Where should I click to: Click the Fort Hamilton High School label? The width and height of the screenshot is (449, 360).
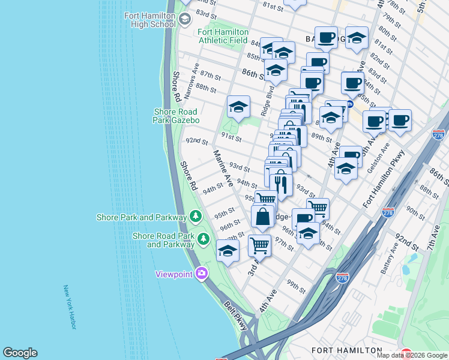pyautogui.click(x=149, y=20)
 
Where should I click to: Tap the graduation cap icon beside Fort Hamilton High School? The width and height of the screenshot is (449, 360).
pyautogui.click(x=184, y=20)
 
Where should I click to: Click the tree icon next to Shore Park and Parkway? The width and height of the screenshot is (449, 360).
pyautogui.click(x=195, y=216)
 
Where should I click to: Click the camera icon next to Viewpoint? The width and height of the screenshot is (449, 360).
pyautogui.click(x=200, y=274)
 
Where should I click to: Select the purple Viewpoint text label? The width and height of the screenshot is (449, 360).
pyautogui.click(x=173, y=274)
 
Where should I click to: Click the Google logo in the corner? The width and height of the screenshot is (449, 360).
pyautogui.click(x=20, y=353)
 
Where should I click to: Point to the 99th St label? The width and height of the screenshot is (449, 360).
pyautogui.click(x=295, y=286)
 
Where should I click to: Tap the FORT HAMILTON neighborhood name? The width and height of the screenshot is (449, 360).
pyautogui.click(x=347, y=350)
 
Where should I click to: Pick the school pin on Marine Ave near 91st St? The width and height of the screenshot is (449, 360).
pyautogui.click(x=238, y=108)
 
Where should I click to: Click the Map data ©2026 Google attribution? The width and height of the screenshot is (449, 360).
pyautogui.click(x=412, y=355)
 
